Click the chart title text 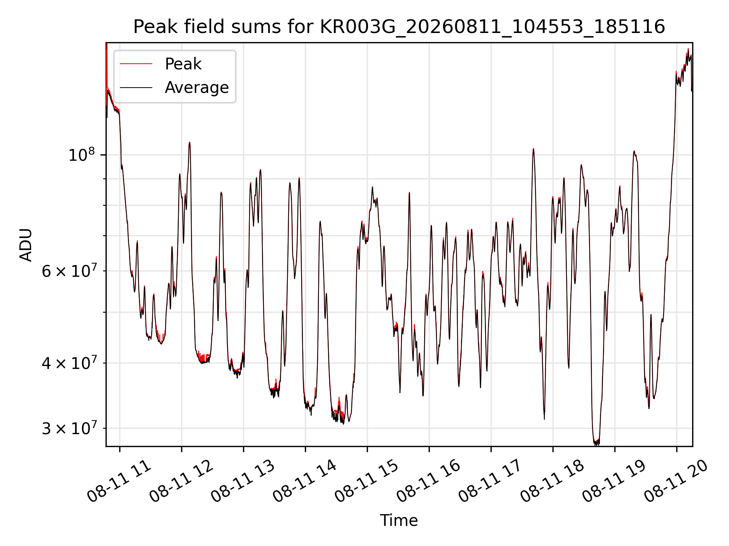[399, 27]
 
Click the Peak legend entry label [183, 64]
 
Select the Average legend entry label [197, 88]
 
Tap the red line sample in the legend [136, 64]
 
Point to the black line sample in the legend [136, 88]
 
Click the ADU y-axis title [26, 245]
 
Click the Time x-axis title [399, 521]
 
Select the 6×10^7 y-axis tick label [69, 270]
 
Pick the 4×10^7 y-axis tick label [69, 363]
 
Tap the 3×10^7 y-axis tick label [69, 428]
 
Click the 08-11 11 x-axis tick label [120, 482]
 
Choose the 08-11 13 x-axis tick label [243, 482]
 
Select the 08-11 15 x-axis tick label [367, 482]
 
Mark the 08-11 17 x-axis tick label [491, 482]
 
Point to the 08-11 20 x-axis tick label [677, 482]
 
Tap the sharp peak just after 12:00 [189, 143]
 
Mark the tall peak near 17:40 [533, 149]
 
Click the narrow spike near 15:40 [409, 193]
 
